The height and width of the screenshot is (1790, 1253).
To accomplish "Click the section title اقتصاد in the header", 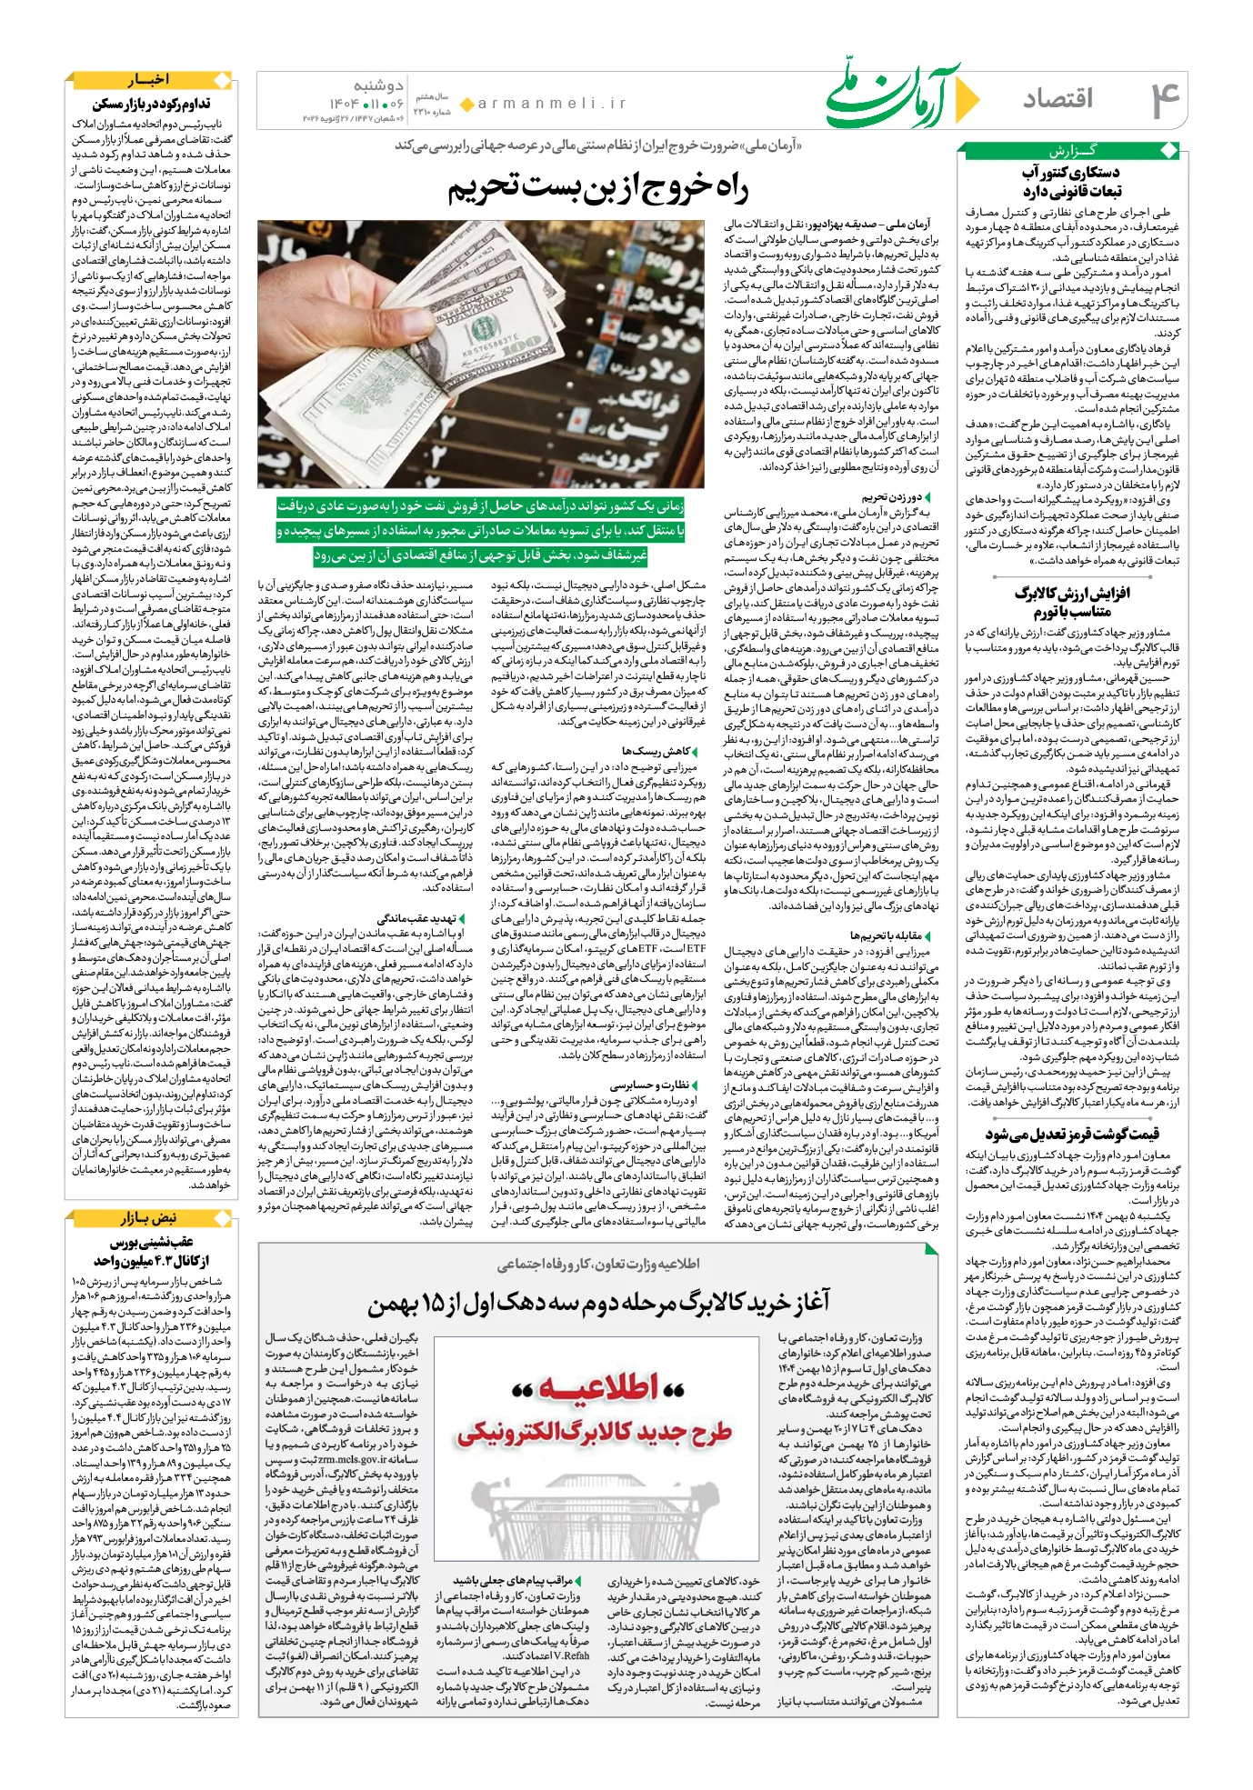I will pyautogui.click(x=1058, y=99).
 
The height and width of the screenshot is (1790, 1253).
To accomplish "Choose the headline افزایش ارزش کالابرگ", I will pyautogui.click(x=1072, y=593).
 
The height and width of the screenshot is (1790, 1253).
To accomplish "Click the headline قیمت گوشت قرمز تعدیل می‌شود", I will pyautogui.click(x=1072, y=1134).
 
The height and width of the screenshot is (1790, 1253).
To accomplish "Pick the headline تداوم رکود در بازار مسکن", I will pyautogui.click(x=151, y=104).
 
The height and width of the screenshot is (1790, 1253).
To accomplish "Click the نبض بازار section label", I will pyautogui.click(x=149, y=1218).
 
